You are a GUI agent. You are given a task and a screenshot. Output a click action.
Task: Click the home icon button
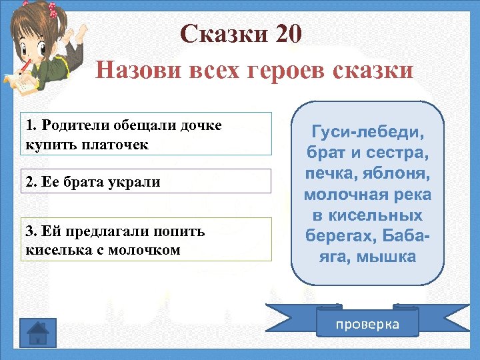coord(39,331)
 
